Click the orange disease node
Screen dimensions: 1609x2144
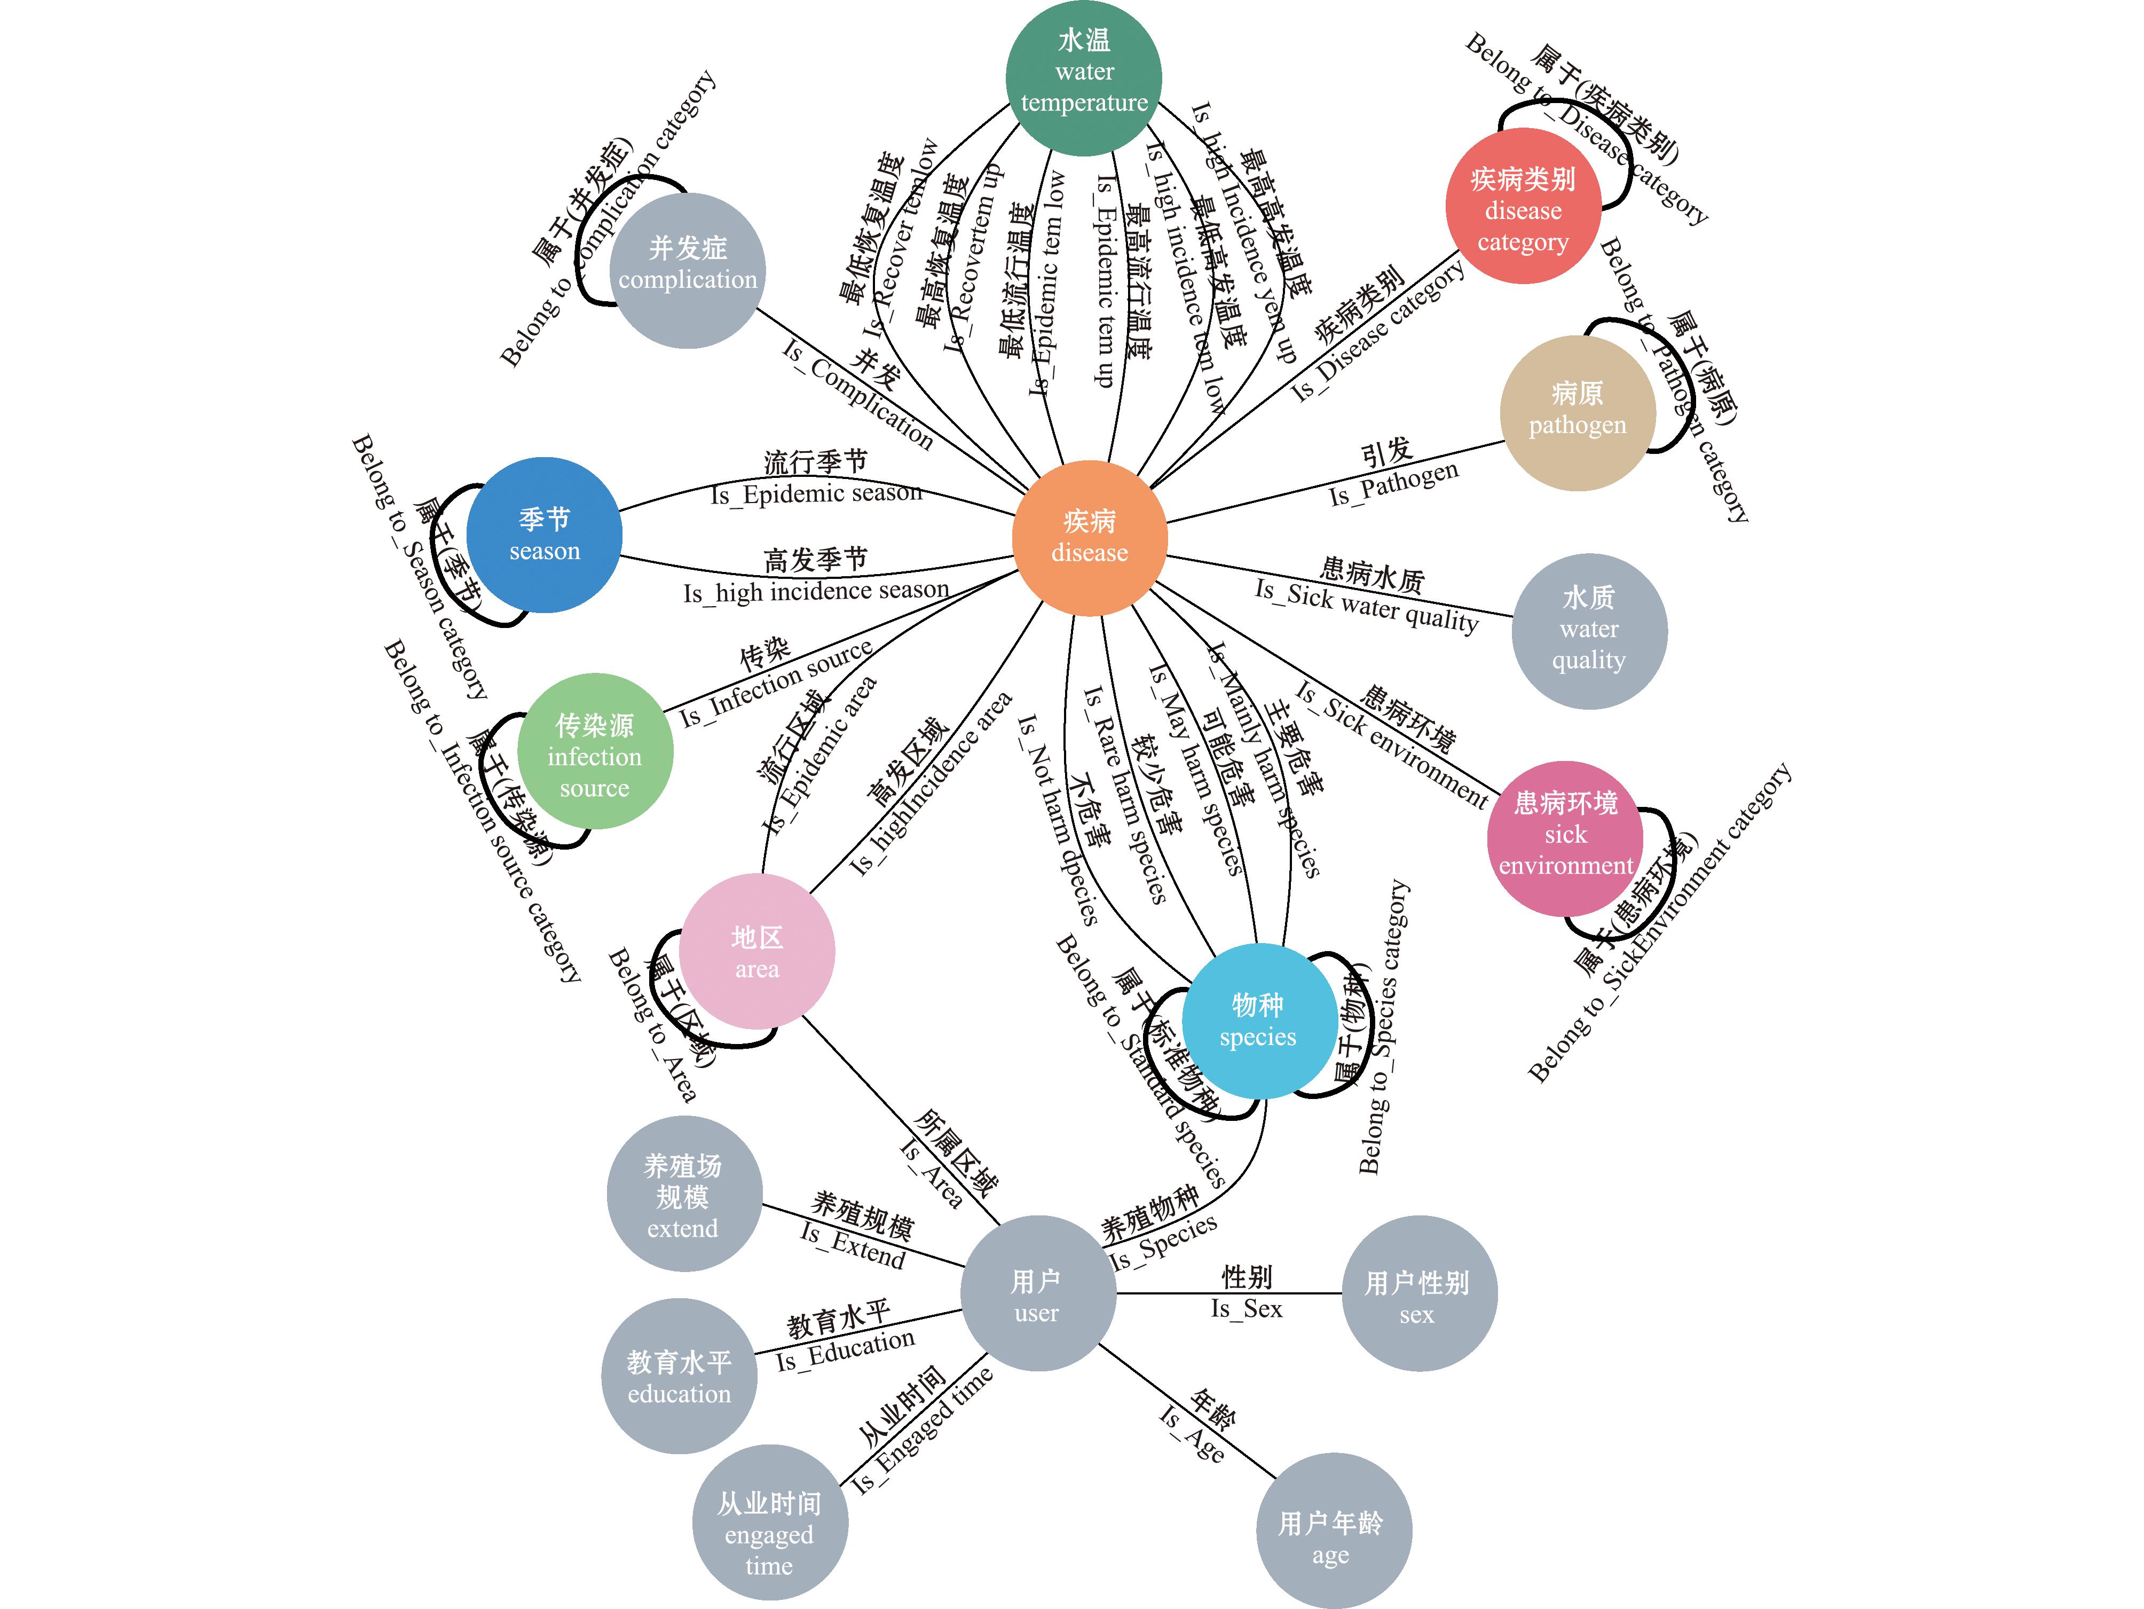point(1090,537)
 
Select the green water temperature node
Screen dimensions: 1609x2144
point(1084,77)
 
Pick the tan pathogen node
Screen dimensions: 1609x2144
point(1577,412)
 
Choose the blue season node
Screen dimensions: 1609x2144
point(544,534)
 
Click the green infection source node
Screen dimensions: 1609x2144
point(594,751)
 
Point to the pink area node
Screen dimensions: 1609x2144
point(756,951)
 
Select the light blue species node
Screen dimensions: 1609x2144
point(1258,1021)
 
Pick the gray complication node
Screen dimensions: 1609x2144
point(687,270)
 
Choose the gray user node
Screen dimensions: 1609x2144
point(1037,1293)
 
